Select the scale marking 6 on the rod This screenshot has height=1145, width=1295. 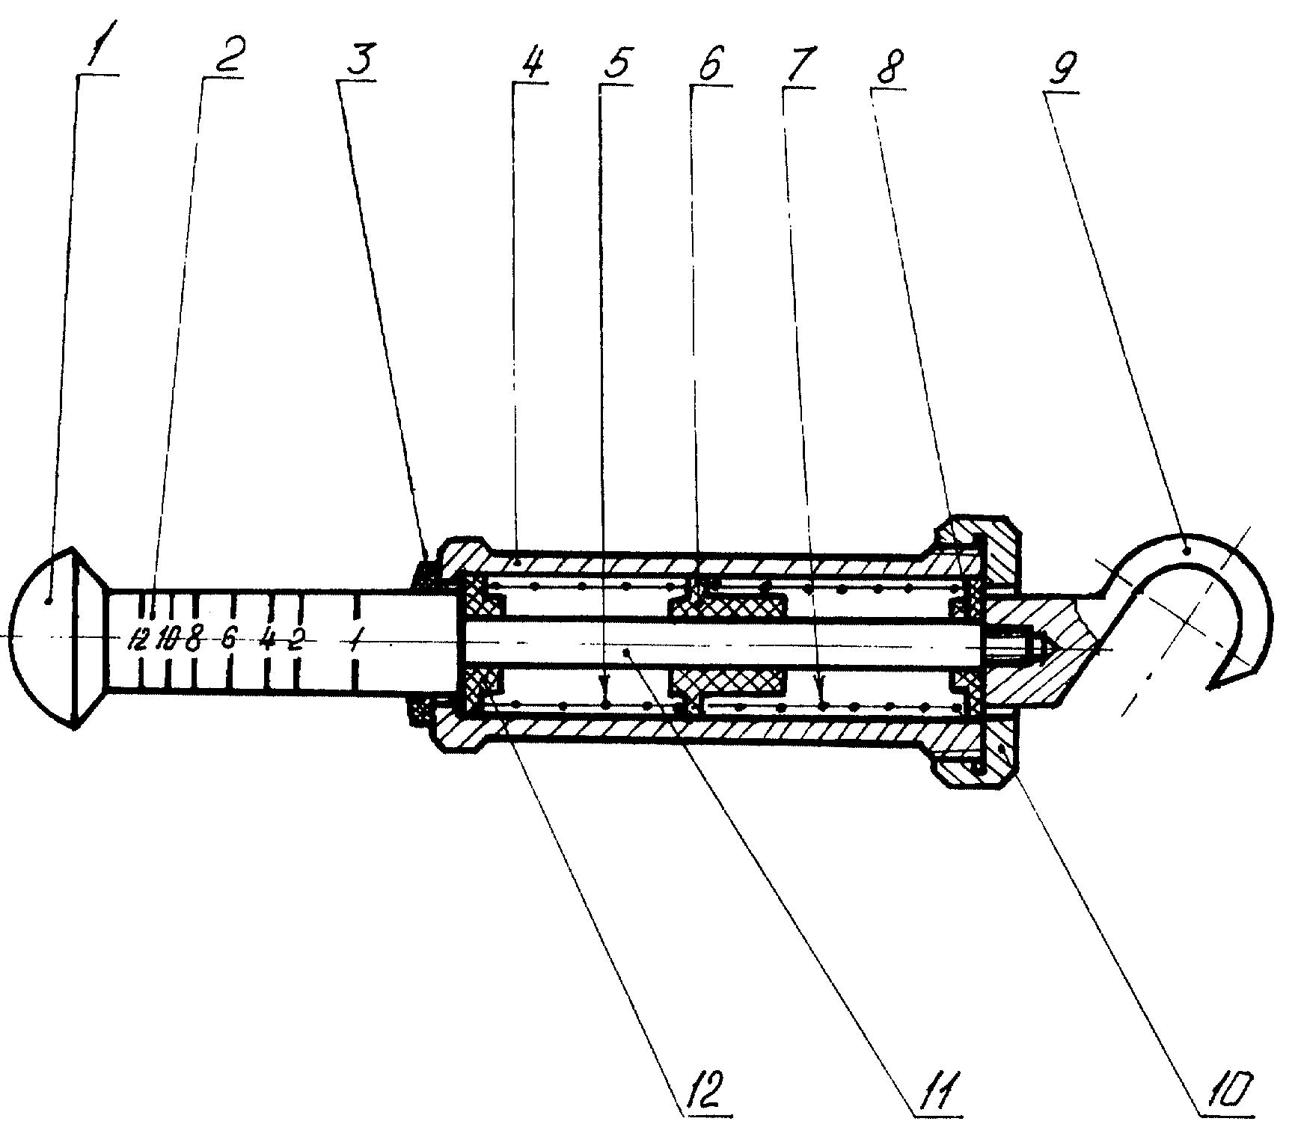230,640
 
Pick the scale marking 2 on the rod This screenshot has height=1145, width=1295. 296,640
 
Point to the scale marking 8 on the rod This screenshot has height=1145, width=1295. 194,640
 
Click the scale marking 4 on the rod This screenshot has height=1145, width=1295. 266,640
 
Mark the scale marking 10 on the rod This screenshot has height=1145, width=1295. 168,640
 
